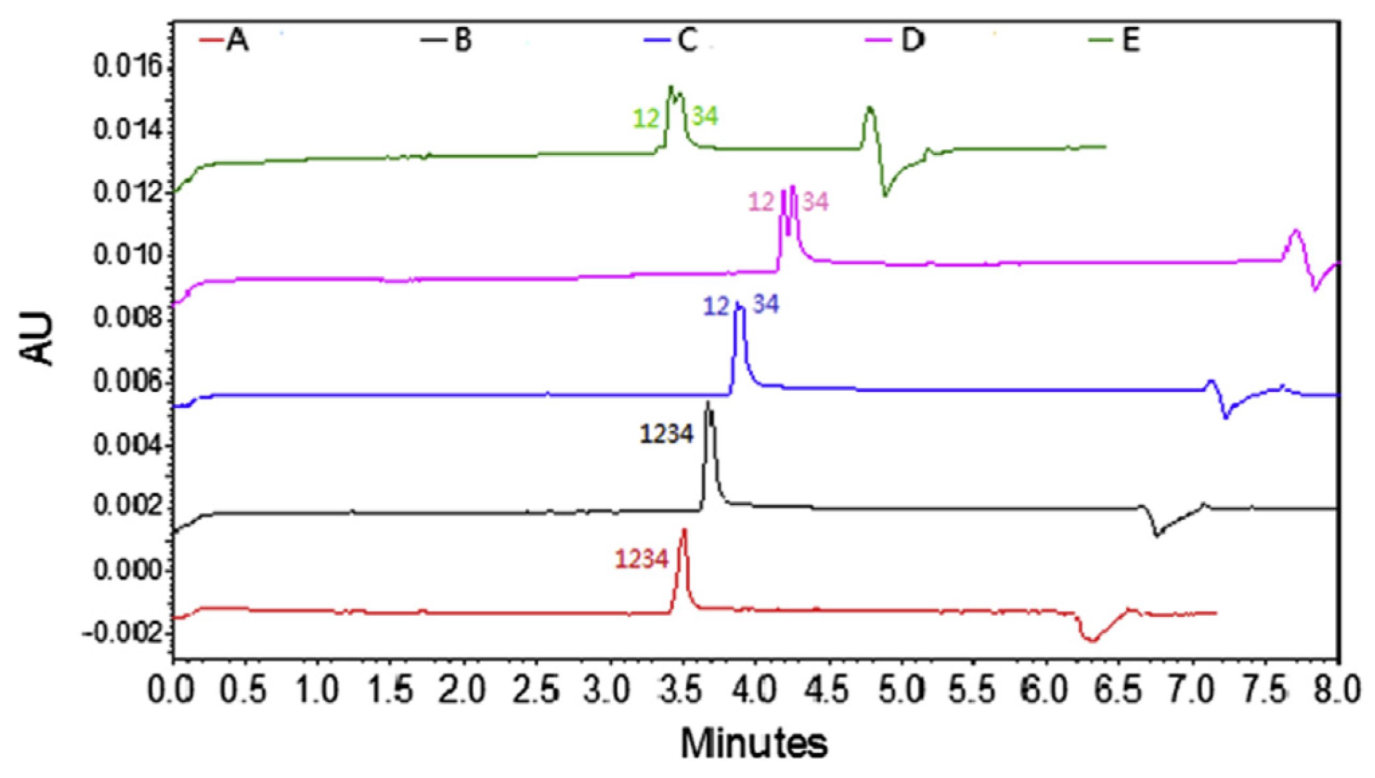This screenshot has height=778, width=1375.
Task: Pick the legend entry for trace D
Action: point(902,40)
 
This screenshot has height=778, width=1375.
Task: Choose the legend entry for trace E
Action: point(1119,40)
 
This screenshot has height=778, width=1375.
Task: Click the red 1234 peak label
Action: point(642,559)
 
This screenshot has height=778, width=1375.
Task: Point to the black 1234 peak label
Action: point(666,434)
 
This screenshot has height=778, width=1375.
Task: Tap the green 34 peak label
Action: point(704,117)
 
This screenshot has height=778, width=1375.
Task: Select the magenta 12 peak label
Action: point(761,202)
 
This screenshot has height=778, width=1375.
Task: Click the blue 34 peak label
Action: point(765,305)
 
